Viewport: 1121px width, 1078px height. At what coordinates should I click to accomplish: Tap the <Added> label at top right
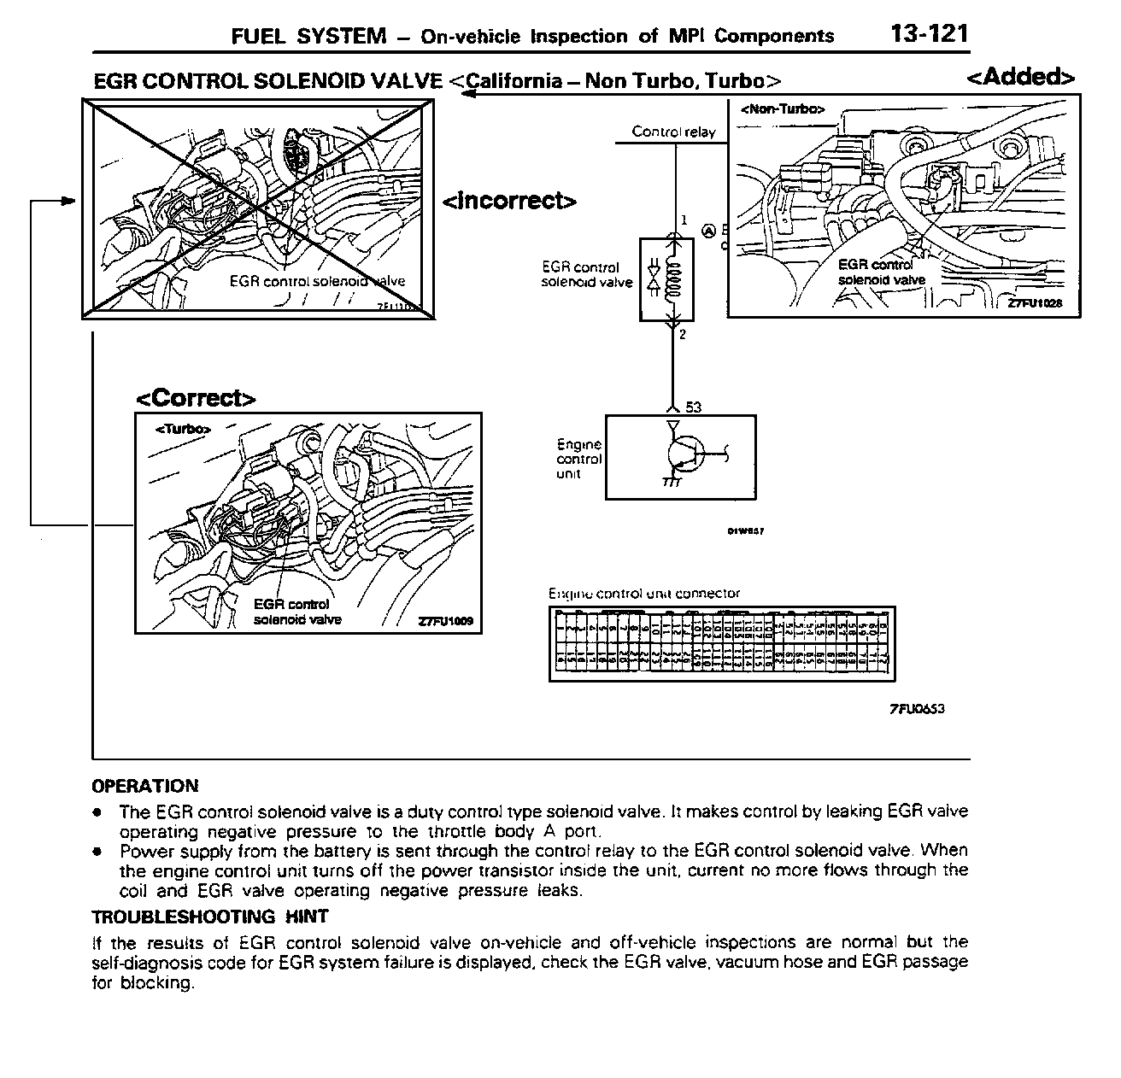(x=1021, y=77)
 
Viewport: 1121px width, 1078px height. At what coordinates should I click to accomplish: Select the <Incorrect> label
(x=509, y=201)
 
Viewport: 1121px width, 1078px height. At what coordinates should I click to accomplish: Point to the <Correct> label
(x=197, y=399)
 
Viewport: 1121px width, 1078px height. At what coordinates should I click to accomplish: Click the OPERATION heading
(x=145, y=786)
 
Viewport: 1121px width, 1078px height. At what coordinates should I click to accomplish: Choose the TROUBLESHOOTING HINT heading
(x=209, y=917)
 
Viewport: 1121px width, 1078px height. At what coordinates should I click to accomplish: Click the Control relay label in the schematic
(x=673, y=132)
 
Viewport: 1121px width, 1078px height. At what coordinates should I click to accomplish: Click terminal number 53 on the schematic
(x=693, y=407)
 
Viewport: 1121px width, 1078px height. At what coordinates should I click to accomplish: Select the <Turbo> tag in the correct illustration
(x=182, y=430)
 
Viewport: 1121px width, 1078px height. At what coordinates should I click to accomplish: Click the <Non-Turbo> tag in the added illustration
(x=782, y=109)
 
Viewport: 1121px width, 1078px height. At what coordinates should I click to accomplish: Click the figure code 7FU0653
(x=917, y=708)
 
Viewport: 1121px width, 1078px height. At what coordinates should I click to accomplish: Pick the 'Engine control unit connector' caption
(x=643, y=593)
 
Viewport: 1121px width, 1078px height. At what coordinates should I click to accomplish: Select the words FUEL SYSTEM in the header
(x=308, y=36)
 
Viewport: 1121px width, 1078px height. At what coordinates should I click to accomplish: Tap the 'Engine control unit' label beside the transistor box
(x=579, y=459)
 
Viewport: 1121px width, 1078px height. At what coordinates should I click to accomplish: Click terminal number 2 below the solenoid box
(x=683, y=335)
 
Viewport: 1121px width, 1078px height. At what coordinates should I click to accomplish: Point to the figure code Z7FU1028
(x=1034, y=304)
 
